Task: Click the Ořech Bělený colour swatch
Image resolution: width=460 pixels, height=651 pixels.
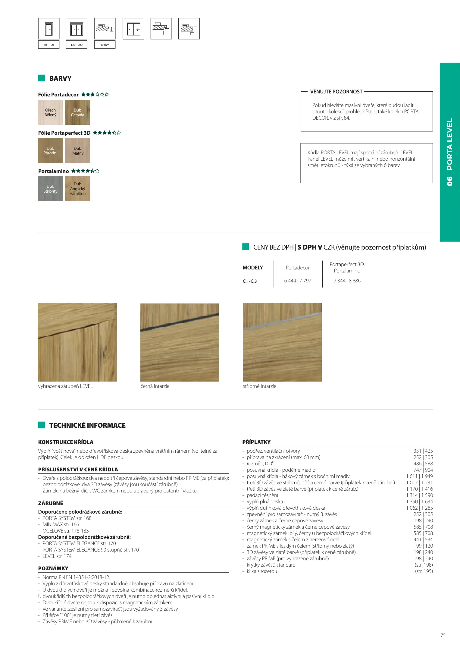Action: click(50, 112)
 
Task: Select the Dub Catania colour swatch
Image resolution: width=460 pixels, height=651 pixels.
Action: click(77, 112)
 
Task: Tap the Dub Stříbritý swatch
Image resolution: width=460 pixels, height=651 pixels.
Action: click(50, 189)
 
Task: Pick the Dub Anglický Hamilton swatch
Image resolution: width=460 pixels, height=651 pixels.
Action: click(77, 189)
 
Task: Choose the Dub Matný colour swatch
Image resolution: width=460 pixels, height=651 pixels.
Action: click(77, 151)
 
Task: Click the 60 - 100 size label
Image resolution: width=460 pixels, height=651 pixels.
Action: click(49, 45)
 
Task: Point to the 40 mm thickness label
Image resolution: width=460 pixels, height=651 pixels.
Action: click(105, 45)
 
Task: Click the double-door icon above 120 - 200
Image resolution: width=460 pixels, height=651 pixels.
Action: click(77, 29)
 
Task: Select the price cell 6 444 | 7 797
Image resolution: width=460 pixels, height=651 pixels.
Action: click(298, 281)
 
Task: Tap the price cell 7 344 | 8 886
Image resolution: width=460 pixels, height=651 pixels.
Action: click(347, 281)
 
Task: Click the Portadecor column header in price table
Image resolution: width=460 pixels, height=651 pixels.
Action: click(298, 268)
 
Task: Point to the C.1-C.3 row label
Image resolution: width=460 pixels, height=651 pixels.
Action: click(250, 281)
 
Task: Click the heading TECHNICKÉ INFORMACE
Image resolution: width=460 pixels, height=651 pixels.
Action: click(87, 425)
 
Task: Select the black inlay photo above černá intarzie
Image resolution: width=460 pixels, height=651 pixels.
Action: click(180, 342)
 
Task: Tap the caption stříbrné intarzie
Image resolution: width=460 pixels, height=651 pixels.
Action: click(260, 386)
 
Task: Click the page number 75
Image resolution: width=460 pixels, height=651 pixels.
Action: click(443, 635)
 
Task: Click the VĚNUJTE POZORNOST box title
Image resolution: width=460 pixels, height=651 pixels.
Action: click(336, 92)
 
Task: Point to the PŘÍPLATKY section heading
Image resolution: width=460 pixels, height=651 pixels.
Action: click(256, 442)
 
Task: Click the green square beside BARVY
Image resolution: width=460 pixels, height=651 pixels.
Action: click(42, 78)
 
